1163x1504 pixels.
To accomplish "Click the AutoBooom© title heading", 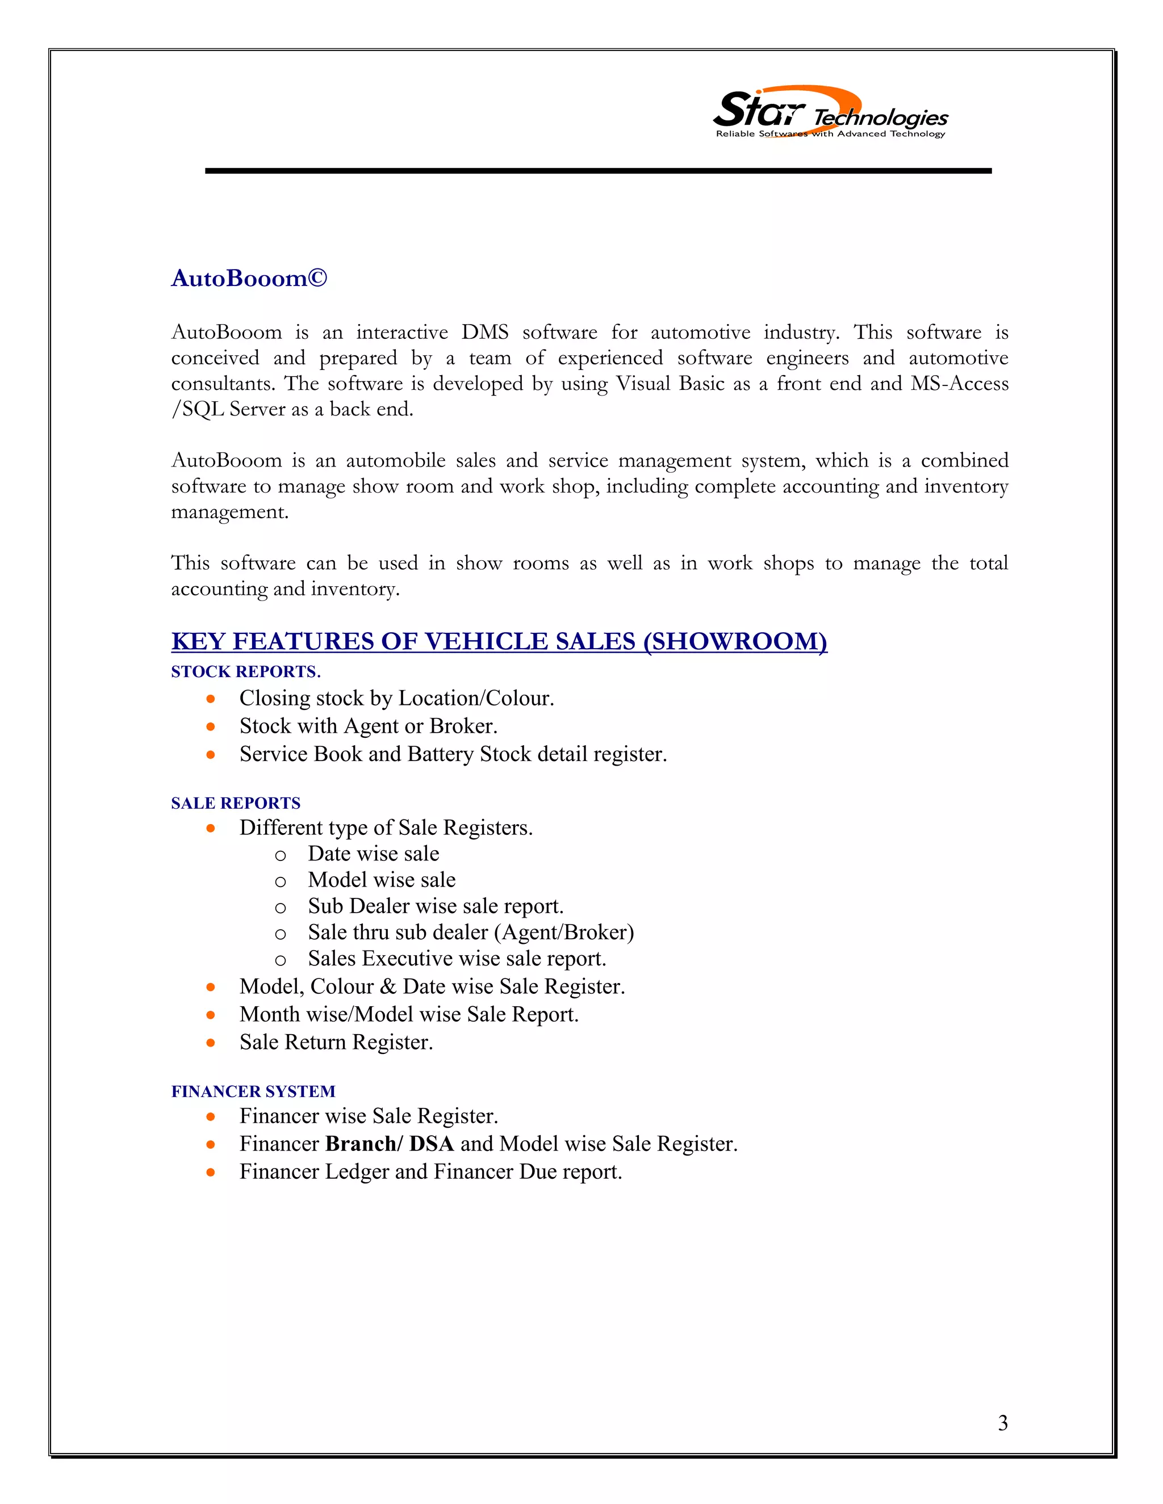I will pyautogui.click(x=249, y=278).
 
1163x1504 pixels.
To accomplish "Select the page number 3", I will pyautogui.click(x=1002, y=1423).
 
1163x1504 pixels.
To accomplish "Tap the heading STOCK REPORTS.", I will pyautogui.click(x=245, y=671).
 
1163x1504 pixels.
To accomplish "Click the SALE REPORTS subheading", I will pyautogui.click(x=236, y=803).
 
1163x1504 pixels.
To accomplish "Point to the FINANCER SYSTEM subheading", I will pyautogui.click(x=253, y=1091).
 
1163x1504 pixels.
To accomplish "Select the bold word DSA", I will pyautogui.click(x=432, y=1144).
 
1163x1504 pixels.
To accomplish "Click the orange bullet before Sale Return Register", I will pyautogui.click(x=211, y=1043).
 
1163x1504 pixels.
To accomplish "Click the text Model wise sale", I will pyautogui.click(x=381, y=880).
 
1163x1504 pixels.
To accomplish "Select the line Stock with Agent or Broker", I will pyautogui.click(x=368, y=726).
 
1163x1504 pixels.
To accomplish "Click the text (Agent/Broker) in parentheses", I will pyautogui.click(x=563, y=932).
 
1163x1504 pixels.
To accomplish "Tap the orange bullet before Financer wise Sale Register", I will pyautogui.click(x=211, y=1116).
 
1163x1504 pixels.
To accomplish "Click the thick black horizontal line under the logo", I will pyautogui.click(x=597, y=170).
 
